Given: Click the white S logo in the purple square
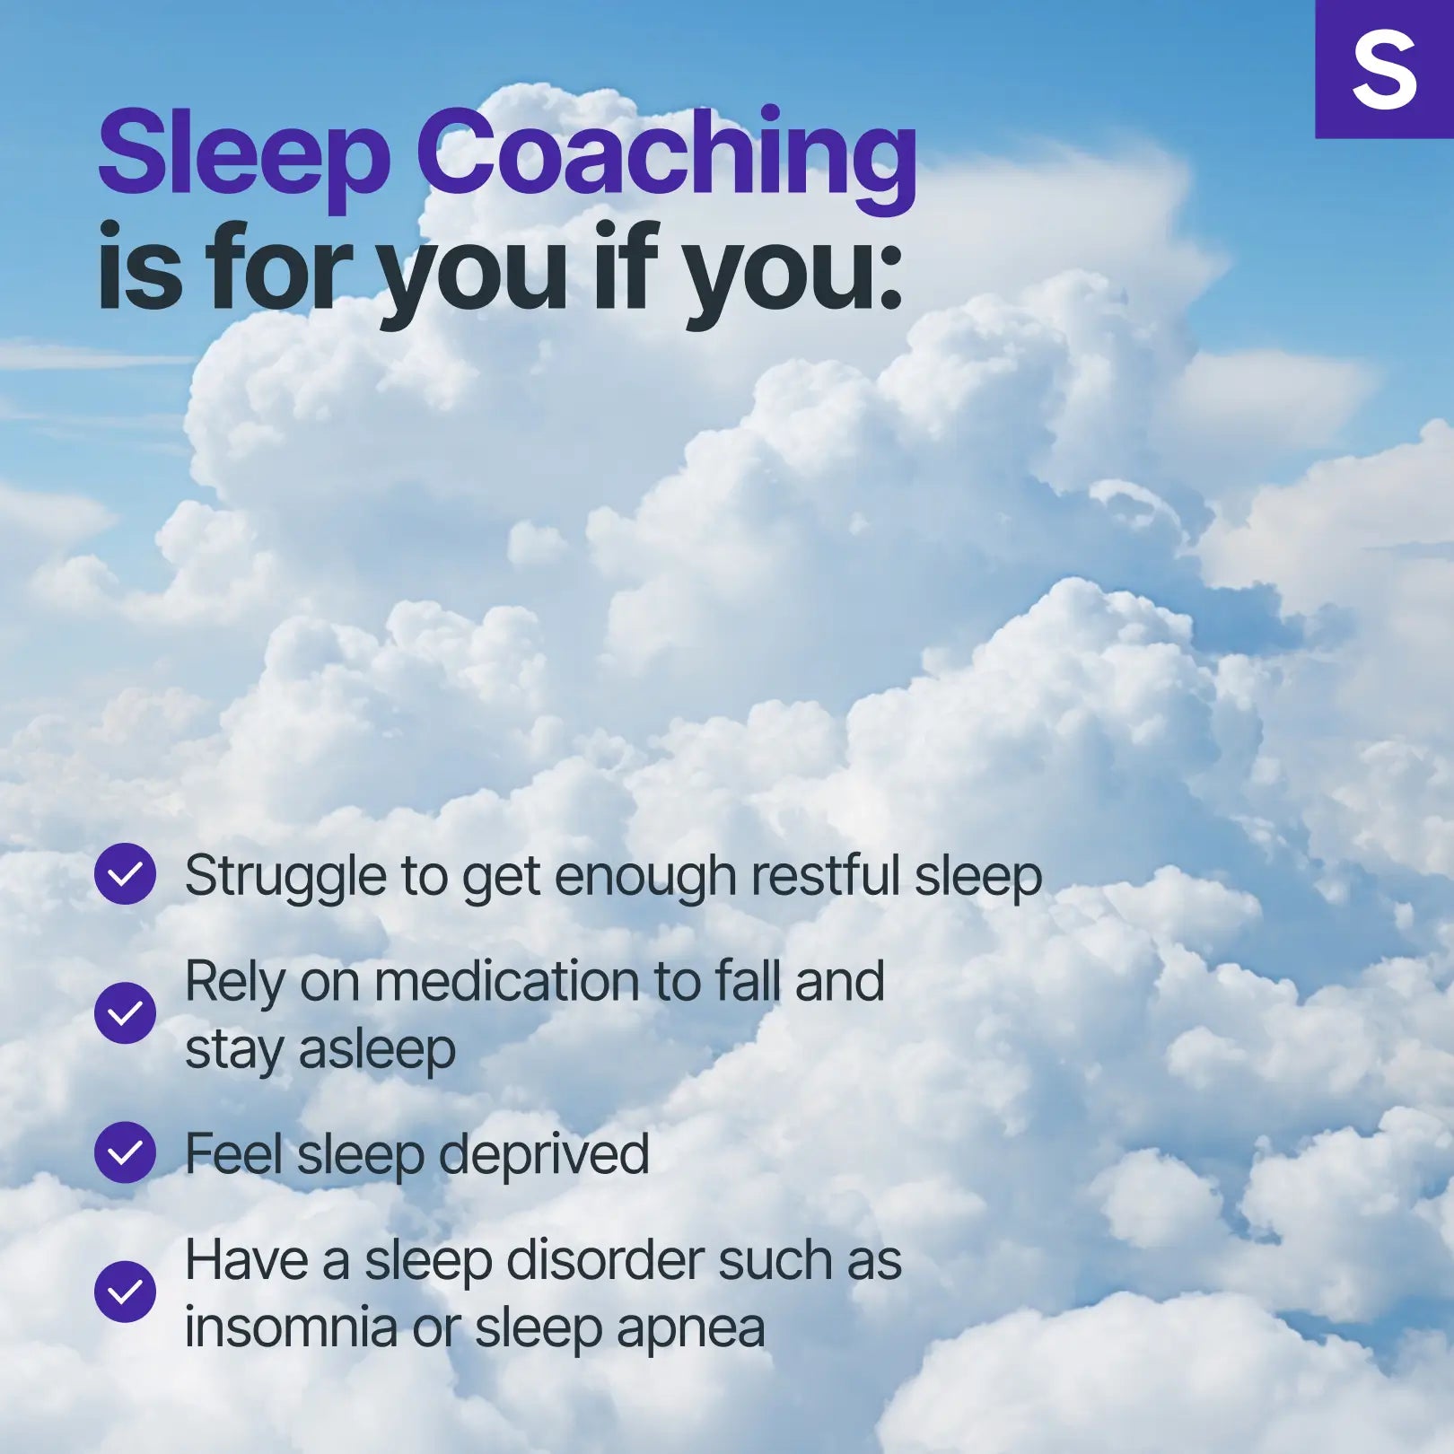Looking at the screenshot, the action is (1384, 70).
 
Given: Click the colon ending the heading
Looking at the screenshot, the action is (889, 277).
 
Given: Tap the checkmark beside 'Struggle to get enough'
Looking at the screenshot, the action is (125, 873).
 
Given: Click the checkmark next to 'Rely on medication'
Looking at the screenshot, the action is (125, 1012).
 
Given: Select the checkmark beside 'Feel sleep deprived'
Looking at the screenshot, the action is (125, 1152).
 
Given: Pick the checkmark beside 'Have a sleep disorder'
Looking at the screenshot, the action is (125, 1292).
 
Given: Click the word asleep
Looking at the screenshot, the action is (377, 1050).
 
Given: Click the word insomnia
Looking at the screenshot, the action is (291, 1327).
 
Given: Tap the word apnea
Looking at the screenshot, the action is (690, 1331).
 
